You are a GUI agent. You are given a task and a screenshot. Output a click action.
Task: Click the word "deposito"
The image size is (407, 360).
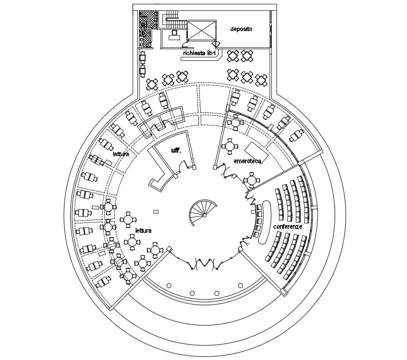(241, 29)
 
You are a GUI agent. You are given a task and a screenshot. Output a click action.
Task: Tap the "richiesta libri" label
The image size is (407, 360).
(199, 53)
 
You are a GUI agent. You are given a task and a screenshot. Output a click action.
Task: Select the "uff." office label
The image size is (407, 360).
(176, 150)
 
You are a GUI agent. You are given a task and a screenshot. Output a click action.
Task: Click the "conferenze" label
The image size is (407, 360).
(287, 226)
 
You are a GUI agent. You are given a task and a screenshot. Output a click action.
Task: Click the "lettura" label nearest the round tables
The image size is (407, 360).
(143, 231)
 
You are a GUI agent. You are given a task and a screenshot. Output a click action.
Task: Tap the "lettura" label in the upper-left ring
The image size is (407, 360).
(121, 154)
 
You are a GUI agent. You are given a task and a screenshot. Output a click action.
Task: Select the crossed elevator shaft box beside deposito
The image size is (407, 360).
(202, 31)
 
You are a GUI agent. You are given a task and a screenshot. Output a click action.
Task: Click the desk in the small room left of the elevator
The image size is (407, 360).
(174, 37)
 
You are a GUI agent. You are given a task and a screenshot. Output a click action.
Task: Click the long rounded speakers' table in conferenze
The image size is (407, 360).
(266, 220)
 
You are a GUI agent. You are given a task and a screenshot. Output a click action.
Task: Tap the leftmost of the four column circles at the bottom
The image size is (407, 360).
(169, 285)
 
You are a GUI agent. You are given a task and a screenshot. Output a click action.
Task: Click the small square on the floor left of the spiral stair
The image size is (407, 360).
(156, 211)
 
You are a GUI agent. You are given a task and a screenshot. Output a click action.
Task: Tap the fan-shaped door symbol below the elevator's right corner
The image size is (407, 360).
(216, 44)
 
